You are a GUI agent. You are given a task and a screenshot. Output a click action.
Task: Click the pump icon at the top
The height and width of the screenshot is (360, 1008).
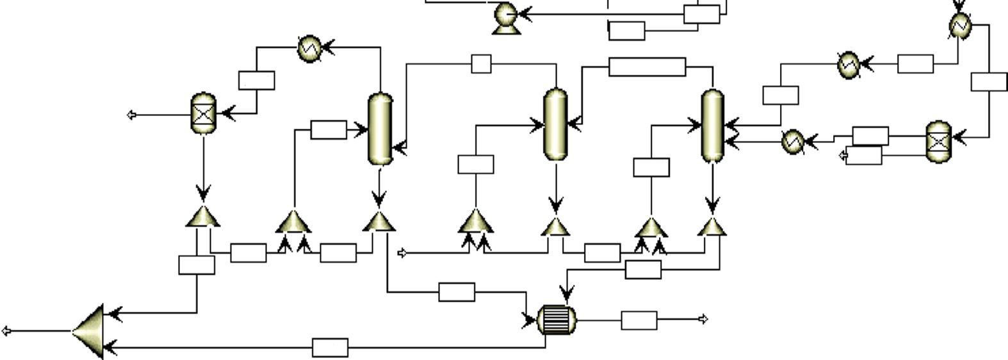[506, 15]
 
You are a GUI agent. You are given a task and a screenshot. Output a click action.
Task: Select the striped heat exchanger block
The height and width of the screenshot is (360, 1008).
[556, 319]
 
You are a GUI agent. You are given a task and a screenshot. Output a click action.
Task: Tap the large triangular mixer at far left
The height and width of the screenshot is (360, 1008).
[90, 331]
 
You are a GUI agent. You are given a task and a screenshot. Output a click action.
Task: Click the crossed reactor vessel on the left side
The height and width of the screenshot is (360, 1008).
[204, 113]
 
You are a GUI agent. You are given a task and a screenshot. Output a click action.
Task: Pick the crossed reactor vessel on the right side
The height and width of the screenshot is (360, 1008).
[939, 141]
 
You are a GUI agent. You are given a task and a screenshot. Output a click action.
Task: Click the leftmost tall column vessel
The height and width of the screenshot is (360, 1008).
[380, 128]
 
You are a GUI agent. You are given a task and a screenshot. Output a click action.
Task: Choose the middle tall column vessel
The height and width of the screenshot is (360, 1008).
[555, 124]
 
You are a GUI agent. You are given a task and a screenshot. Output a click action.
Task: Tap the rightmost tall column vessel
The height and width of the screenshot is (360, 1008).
[713, 125]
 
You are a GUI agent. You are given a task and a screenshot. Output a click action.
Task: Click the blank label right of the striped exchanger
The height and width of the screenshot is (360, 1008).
[638, 320]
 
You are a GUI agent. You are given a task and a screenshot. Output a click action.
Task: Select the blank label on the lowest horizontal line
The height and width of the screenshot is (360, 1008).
[330, 348]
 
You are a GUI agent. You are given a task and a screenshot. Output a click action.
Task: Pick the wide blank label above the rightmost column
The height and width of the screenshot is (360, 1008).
[647, 67]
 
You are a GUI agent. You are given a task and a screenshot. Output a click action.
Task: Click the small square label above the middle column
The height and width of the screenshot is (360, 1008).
[481, 64]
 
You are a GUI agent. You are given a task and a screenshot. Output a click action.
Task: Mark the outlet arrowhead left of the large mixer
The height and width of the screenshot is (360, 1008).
[6, 331]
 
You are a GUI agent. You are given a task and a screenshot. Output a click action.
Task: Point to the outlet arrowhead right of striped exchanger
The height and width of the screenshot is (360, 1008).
[703, 319]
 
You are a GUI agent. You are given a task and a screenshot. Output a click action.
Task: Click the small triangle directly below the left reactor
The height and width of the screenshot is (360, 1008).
[203, 217]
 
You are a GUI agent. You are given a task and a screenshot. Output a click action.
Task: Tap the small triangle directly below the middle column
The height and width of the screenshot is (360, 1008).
[555, 226]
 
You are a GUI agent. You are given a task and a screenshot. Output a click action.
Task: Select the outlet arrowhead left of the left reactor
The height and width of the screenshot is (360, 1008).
[132, 115]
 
